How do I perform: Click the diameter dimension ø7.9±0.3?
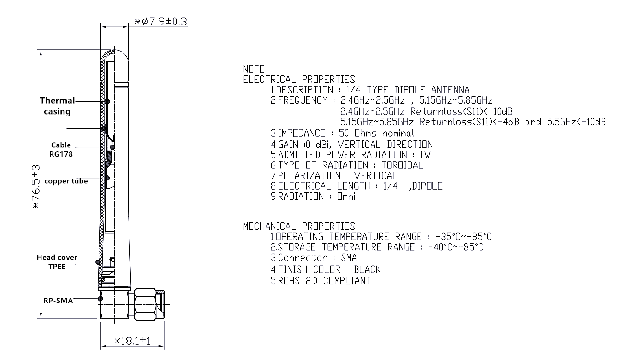tap(161, 22)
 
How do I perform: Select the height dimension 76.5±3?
tap(36, 186)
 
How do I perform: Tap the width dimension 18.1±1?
tap(132, 341)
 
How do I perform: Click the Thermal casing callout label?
tap(58, 106)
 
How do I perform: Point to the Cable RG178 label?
tap(61, 150)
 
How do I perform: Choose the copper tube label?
tap(66, 181)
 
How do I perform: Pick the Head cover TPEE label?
tap(57, 262)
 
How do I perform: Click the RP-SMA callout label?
tap(58, 301)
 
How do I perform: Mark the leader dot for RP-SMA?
tap(100, 299)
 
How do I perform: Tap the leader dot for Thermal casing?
tap(107, 101)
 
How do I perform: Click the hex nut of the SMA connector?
tap(146, 304)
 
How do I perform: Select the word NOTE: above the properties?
tap(255, 69)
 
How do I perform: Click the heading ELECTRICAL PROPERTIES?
tap(299, 80)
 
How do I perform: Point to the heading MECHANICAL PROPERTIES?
tap(299, 226)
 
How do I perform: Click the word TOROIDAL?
tap(402, 165)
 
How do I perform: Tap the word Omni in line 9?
tap(346, 196)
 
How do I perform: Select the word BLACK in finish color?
tap(367, 269)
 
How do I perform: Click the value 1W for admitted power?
tap(425, 155)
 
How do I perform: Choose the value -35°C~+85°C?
tap(463, 237)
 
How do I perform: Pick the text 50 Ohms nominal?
tap(376, 133)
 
